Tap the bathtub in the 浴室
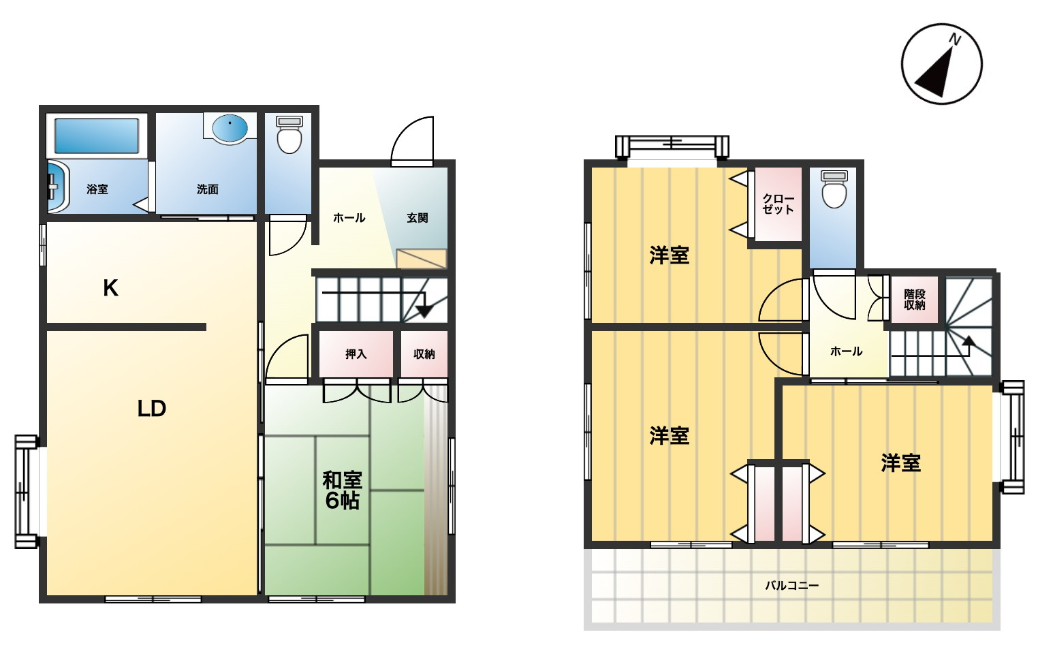click(97, 136)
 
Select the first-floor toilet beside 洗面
click(289, 134)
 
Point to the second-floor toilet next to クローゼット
click(834, 189)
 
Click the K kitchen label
click(110, 287)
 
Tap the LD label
click(151, 408)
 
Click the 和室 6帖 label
click(342, 490)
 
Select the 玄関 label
click(417, 218)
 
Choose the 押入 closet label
click(356, 354)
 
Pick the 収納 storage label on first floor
click(424, 354)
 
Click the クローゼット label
click(778, 204)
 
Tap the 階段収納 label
click(914, 299)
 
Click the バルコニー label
click(791, 585)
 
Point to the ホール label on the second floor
click(846, 351)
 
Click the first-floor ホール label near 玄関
click(349, 218)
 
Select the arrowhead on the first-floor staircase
click(424, 311)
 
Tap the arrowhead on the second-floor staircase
click(969, 341)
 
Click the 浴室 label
click(97, 189)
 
